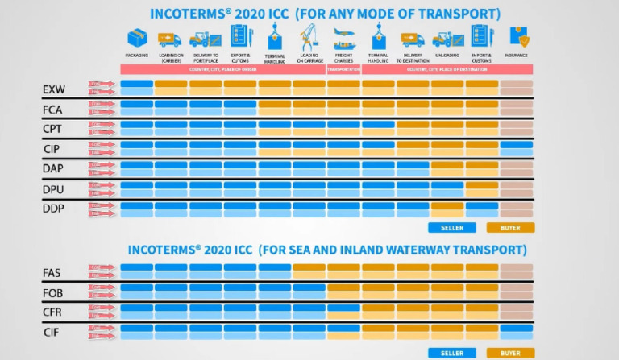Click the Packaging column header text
point(137,56)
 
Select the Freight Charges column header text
point(344,57)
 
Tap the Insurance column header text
point(516,56)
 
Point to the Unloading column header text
point(447,56)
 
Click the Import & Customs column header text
point(482,57)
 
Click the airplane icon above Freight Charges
point(344,37)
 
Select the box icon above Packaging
point(137,37)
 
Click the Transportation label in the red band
point(344,69)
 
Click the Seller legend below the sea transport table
point(452,353)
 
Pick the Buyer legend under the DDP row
point(510,227)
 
